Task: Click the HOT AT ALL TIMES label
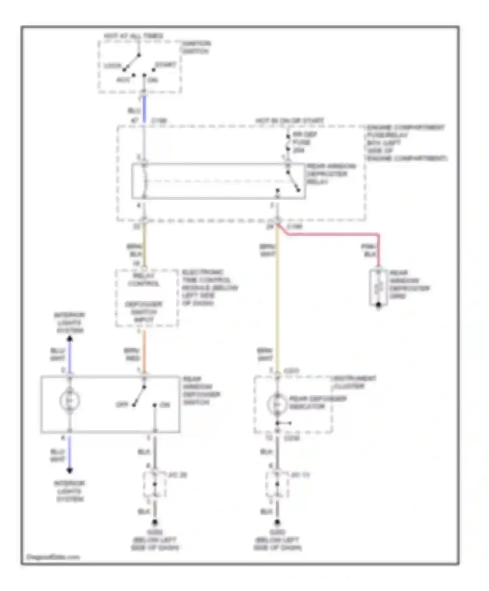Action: tap(133, 36)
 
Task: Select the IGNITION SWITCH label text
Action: tap(196, 48)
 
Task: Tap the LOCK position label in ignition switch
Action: tap(112, 66)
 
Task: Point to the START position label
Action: tap(166, 65)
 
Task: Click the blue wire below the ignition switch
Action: tap(144, 109)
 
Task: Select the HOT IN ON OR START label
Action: tap(289, 121)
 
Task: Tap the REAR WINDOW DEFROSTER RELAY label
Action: tap(331, 174)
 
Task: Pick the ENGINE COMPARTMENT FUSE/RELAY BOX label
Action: tap(406, 143)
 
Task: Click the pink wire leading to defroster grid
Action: tap(333, 234)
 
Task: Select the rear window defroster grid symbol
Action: tap(378, 288)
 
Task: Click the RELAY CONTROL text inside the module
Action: tap(143, 280)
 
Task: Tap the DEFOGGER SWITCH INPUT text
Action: tap(144, 312)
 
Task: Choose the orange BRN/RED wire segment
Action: tap(144, 352)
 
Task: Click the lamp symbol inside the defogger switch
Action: tap(69, 400)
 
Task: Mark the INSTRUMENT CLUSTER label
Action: tap(353, 382)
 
